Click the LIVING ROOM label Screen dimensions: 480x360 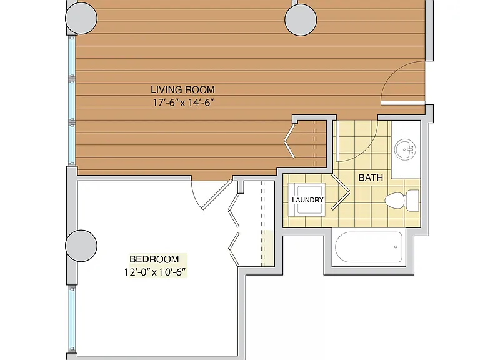pos(182,89)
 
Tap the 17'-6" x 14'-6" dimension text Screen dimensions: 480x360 pos(182,102)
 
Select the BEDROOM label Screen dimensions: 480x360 pos(154,259)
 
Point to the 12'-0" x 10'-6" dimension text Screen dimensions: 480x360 pos(155,272)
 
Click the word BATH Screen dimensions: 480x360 pos(371,177)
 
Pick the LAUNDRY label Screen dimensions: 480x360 pos(307,200)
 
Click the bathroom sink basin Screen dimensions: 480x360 pos(405,149)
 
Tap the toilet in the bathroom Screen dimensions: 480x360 pos(402,200)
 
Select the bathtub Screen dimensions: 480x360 pos(369,247)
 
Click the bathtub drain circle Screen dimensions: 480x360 pos(396,247)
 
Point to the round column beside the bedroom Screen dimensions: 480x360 pos(81,246)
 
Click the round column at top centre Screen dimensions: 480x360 pos(301,20)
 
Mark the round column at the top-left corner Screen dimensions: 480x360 pos(81,18)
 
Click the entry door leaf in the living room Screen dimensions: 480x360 pos(403,103)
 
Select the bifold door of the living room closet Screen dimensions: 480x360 pos(289,141)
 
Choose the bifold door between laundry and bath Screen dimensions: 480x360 pos(341,192)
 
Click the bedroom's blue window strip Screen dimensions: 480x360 pos(72,319)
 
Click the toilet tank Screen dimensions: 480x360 pos(412,200)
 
